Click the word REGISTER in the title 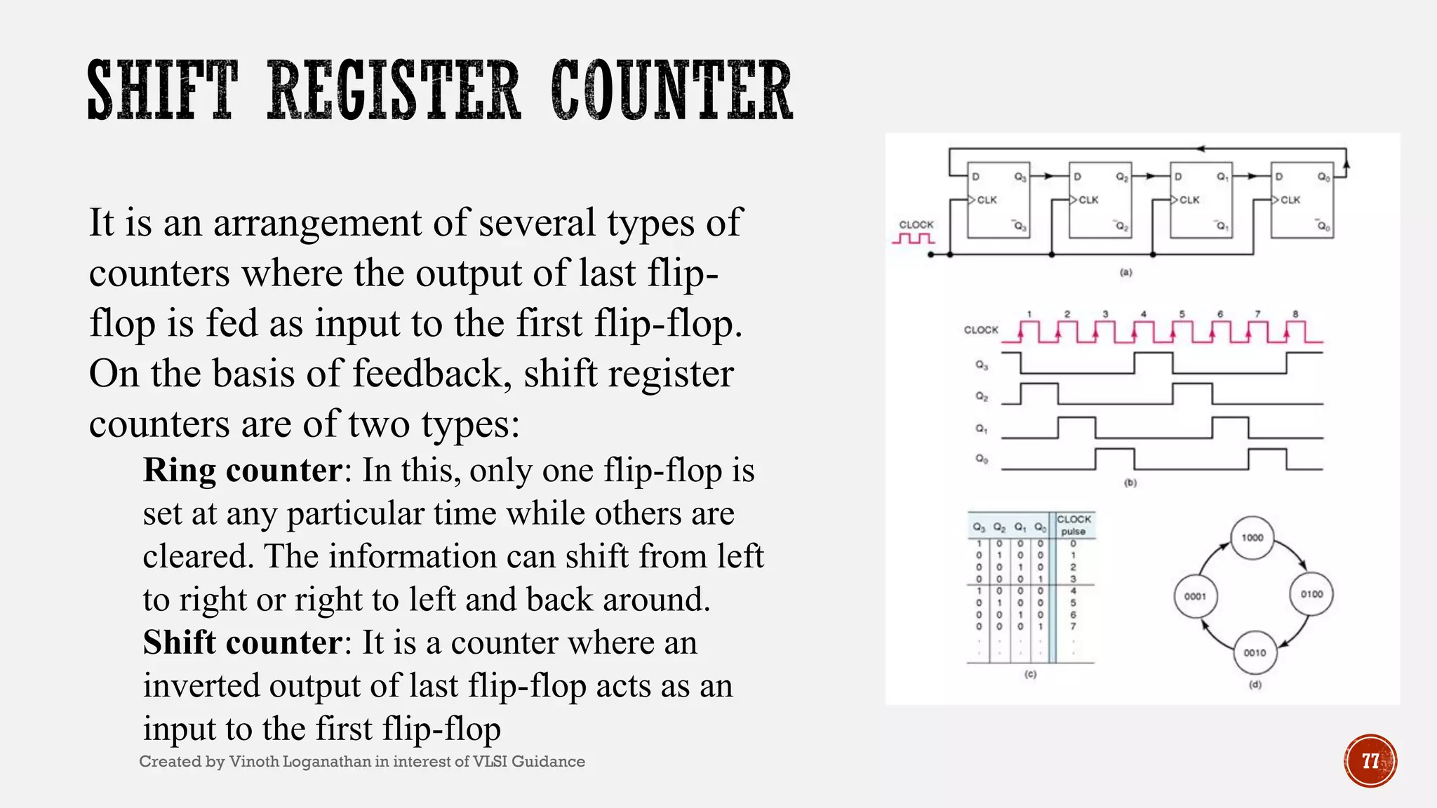(394, 91)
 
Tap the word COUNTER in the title (671, 91)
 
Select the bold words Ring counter (243, 471)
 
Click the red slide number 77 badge (1370, 761)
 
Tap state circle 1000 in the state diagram (1252, 538)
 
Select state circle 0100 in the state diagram (1311, 594)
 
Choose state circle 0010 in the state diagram (1255, 653)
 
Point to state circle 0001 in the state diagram (1195, 596)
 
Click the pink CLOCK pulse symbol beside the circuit (913, 239)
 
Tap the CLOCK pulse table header (1074, 525)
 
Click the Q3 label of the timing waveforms (982, 365)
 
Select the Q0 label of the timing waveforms (982, 459)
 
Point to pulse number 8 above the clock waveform (1295, 314)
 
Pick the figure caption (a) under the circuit (1125, 272)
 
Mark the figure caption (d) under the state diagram (1255, 685)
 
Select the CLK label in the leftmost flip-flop (987, 200)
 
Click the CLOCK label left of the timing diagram (980, 330)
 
